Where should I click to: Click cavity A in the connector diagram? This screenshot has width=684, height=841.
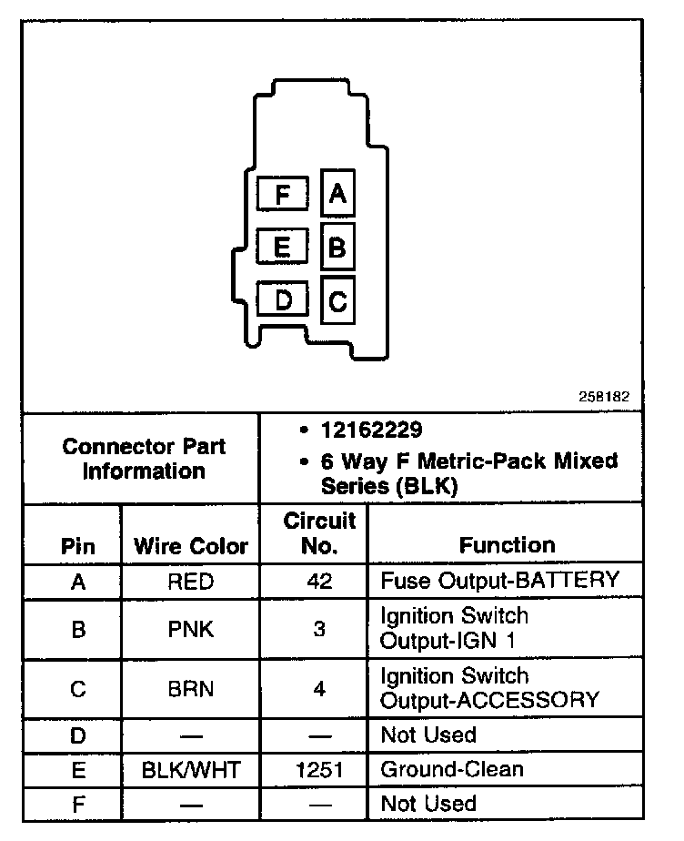click(337, 194)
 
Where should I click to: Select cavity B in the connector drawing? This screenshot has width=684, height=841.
click(337, 247)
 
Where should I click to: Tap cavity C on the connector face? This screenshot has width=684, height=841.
click(337, 299)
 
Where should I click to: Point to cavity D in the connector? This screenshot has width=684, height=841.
click(283, 299)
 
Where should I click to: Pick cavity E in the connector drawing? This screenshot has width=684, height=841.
click(283, 247)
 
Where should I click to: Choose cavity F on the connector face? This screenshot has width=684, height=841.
click(283, 194)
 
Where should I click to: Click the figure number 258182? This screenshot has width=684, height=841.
click(603, 398)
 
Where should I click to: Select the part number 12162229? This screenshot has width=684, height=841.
click(371, 430)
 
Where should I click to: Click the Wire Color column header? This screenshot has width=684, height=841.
click(191, 546)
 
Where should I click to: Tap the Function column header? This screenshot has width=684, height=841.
click(507, 545)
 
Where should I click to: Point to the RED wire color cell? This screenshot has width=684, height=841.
click(191, 582)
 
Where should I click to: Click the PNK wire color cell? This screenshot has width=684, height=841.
click(191, 629)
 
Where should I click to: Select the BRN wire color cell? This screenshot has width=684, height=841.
click(191, 689)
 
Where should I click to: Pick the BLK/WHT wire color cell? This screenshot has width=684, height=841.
click(191, 770)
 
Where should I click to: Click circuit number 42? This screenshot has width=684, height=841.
click(319, 582)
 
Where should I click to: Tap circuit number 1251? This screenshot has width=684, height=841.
click(319, 770)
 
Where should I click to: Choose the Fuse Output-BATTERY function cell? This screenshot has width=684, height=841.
click(499, 581)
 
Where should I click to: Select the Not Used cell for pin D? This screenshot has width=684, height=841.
click(428, 735)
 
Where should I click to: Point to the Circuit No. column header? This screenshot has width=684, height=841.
click(319, 533)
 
